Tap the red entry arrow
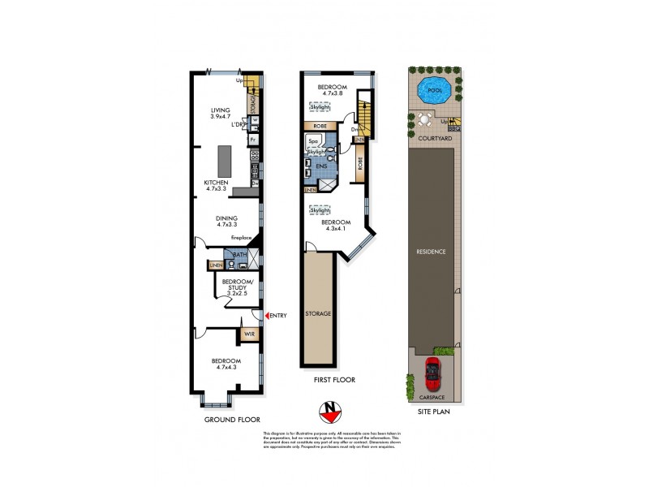267,314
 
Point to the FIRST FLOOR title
331,378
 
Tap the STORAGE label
318,312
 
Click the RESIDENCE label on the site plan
432,252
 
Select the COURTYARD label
435,139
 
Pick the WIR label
249,333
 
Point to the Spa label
312,141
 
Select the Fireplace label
243,237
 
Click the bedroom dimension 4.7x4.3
226,368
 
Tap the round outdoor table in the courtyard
424,119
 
